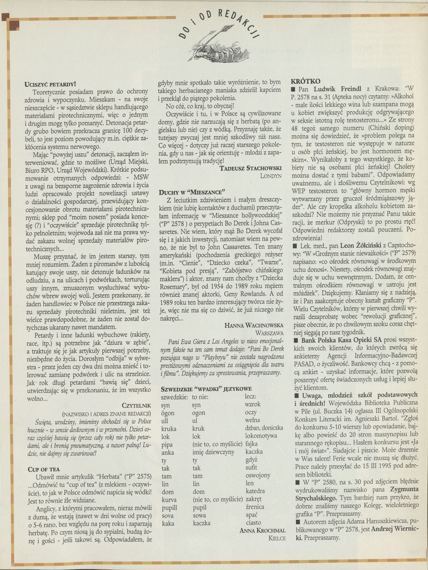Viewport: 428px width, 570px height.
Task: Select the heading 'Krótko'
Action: click(x=306, y=81)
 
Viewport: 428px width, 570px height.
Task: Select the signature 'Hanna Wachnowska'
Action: click(x=255, y=325)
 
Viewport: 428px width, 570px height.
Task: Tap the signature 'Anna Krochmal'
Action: click(x=263, y=530)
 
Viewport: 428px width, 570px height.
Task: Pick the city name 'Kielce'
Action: click(x=277, y=538)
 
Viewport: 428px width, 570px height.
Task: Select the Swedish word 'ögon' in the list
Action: click(x=168, y=413)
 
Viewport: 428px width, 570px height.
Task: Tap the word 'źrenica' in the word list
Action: click(x=255, y=507)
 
